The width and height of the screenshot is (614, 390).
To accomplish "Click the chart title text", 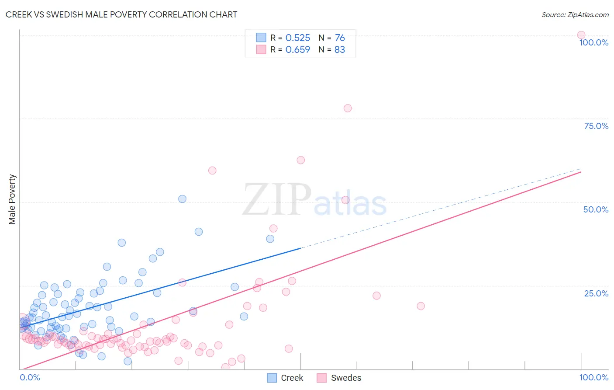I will click(121, 14).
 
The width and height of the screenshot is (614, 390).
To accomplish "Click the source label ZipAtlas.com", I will click(575, 14).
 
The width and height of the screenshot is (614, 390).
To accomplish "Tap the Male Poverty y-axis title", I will click(12, 199).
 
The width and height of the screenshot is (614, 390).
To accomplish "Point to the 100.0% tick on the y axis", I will click(593, 42).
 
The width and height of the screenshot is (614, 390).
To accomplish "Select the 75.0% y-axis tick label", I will click(596, 126).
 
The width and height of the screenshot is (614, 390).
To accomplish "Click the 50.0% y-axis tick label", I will click(596, 209).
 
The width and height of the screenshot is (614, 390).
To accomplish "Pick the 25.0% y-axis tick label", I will click(596, 293).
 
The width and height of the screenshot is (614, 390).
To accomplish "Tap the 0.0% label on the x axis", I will click(30, 377).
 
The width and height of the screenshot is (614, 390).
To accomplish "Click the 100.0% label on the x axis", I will click(593, 377).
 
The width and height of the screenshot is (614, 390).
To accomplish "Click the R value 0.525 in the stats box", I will click(297, 38).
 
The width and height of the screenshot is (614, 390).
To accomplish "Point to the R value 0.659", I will click(297, 50).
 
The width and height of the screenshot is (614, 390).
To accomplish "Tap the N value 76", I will click(339, 38).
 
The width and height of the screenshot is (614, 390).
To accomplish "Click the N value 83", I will click(339, 50).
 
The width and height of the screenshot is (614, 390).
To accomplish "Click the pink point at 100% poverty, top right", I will click(581, 35).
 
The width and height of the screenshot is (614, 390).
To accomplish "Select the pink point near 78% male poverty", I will click(348, 108).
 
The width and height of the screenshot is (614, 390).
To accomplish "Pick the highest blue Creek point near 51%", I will click(182, 199).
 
